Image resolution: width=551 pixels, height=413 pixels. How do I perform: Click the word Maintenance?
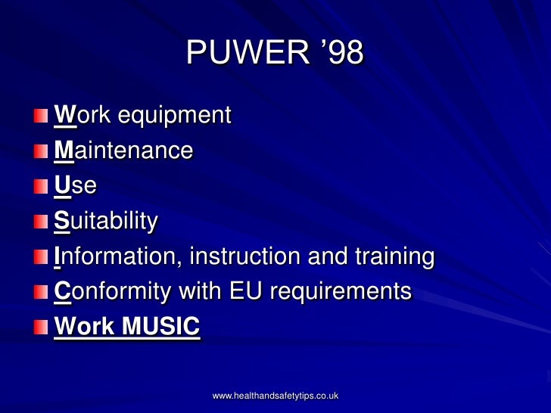[123, 150]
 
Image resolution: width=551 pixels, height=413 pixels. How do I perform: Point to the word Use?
[75, 185]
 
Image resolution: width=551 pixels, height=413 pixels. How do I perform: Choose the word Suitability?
[106, 221]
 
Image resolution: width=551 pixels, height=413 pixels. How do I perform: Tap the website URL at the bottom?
[275, 396]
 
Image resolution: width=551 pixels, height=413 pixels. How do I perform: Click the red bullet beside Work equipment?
[39, 117]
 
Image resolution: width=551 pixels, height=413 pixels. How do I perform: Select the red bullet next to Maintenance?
[39, 152]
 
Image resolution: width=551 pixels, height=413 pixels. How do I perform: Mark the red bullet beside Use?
[39, 187]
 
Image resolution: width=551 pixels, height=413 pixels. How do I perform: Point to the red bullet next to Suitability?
[39, 222]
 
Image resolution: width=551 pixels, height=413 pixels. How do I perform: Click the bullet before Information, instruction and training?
[39, 258]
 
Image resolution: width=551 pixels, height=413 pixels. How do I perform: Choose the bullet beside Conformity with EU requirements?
[39, 293]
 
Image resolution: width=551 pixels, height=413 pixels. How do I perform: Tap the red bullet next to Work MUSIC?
[39, 328]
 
